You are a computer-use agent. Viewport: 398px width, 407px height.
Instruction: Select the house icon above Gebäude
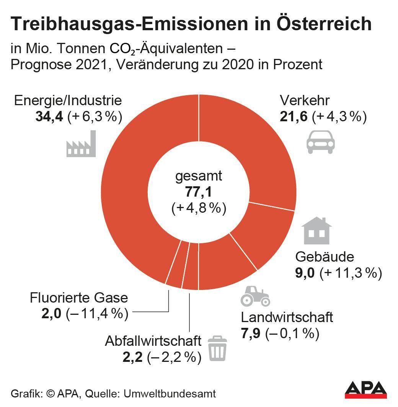(316, 231)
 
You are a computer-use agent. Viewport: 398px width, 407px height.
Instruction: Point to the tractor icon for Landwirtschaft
(255, 296)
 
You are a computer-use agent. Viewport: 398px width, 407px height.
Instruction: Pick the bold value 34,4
(49, 116)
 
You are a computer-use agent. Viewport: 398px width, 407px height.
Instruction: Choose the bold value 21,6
(294, 116)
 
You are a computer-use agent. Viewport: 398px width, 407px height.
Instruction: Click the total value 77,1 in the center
(199, 192)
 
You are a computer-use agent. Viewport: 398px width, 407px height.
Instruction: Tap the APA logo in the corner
(366, 390)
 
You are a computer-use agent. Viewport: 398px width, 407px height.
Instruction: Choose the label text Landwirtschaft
(287, 317)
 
